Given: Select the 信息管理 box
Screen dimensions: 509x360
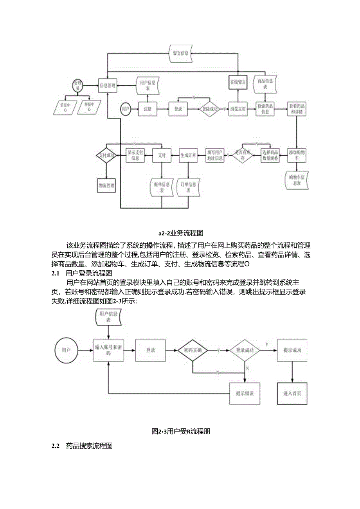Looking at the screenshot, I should [x=108, y=85].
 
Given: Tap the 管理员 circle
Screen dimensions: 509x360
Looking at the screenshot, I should [x=78, y=85].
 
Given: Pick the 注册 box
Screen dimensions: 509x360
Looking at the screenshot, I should [x=148, y=109].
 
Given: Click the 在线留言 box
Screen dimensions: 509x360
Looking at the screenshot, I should [x=238, y=82].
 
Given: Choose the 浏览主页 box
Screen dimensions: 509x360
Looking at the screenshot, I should [x=238, y=109].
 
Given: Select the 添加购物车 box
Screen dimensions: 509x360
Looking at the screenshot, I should [x=297, y=155].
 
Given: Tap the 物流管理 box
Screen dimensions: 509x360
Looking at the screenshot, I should [x=106, y=185].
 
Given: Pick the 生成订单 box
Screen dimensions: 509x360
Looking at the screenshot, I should [x=188, y=155].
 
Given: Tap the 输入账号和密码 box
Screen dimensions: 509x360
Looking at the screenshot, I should [x=108, y=350].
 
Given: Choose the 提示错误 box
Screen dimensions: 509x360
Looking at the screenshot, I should [x=244, y=393].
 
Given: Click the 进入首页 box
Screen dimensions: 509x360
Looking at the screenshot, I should [x=292, y=393].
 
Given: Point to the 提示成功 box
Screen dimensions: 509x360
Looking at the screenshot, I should [x=292, y=350].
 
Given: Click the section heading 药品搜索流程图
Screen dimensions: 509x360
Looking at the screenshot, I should [x=89, y=446].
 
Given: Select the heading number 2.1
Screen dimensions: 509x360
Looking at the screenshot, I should [x=55, y=273].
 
